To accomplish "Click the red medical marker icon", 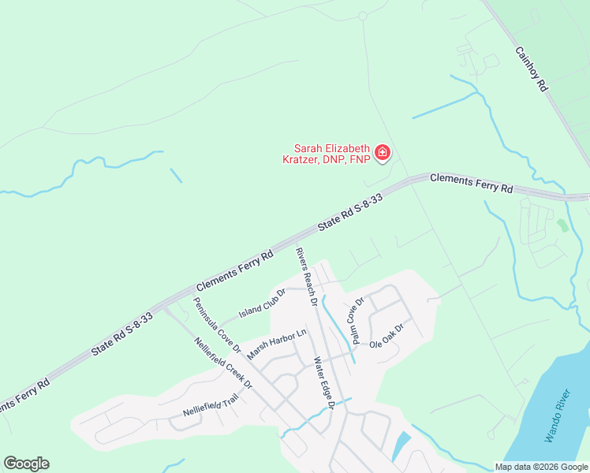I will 383,152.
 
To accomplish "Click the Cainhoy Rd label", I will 531,69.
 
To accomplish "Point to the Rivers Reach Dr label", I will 307,277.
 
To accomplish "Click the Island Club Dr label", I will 263,304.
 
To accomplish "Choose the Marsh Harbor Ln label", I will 276,345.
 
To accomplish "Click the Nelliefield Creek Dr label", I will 222,363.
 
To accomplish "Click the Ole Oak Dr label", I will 386,332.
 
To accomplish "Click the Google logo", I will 26,464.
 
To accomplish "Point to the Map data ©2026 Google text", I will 540,467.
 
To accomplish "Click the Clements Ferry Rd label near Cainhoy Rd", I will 472,184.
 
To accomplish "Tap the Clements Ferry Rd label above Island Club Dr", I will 234,270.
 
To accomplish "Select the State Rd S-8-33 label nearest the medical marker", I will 350,213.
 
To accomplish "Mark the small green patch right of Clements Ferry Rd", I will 562,225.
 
